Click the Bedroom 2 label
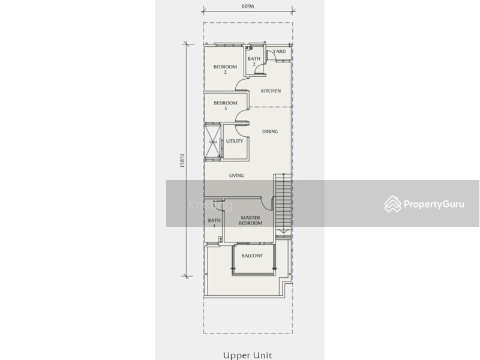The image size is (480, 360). coord(225,69)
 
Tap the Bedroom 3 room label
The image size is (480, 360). coord(225,106)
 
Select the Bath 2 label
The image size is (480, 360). coord(254,61)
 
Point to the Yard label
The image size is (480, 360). coord(279,52)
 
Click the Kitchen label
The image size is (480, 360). coord(271,91)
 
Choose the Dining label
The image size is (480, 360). coord(270,131)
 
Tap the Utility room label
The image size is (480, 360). coord(235,142)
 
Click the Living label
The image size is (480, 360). coord(236,176)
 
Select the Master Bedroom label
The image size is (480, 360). coord(250,220)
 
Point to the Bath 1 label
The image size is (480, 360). coord(214,223)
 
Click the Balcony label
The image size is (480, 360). coord(252,256)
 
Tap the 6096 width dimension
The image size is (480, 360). coord(248,7)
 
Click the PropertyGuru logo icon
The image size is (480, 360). coord(393,204)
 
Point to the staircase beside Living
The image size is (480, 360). coord(283,204)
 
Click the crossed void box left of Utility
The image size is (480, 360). coord(213,142)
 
